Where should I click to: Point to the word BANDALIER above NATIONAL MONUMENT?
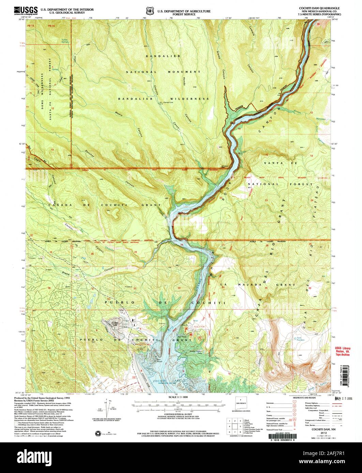click(163, 56)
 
